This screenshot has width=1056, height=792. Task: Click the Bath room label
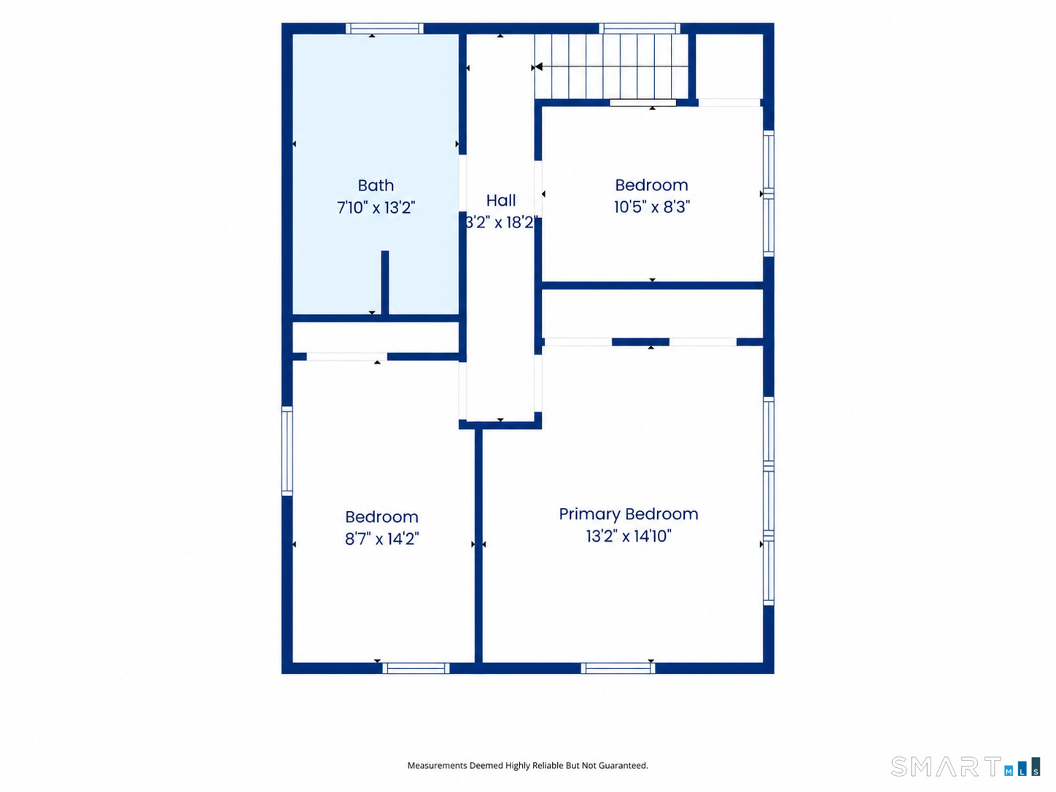tap(376, 185)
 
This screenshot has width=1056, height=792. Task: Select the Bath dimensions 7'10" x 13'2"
tap(376, 208)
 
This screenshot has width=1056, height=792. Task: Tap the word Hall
tap(501, 200)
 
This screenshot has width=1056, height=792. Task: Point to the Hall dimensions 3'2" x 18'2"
tap(501, 222)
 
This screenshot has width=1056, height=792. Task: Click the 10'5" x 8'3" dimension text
tap(652, 207)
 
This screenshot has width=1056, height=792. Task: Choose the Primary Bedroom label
tap(629, 514)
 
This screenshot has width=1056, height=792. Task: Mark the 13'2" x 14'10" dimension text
tap(629, 536)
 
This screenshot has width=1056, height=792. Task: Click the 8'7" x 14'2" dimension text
tap(382, 539)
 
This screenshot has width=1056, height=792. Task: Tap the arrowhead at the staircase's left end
tap(538, 66)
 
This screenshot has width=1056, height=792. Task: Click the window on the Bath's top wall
tap(384, 28)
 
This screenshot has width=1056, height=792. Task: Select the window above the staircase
tap(640, 28)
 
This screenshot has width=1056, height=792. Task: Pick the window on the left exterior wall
tap(287, 451)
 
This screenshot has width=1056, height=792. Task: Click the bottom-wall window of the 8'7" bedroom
tap(416, 668)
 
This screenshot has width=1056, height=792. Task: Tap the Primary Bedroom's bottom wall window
tap(618, 668)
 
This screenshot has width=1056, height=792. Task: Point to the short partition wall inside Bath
tap(385, 283)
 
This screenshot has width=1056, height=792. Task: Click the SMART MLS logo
tap(966, 767)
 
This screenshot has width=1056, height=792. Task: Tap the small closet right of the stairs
tap(729, 66)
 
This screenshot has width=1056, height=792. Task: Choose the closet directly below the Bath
tap(376, 338)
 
